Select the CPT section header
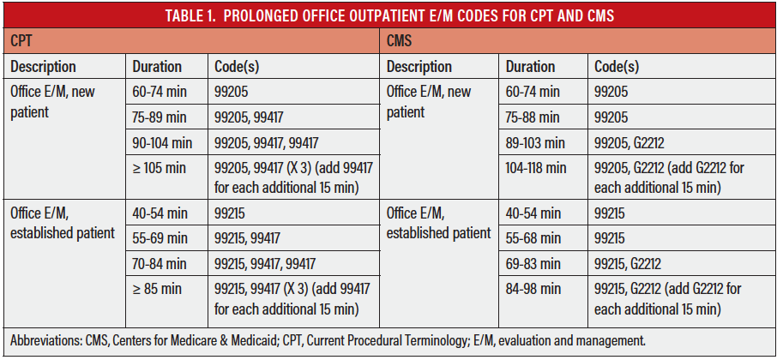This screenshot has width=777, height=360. [x=24, y=40]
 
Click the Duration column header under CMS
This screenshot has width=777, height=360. [x=531, y=66]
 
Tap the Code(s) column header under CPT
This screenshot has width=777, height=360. [x=239, y=66]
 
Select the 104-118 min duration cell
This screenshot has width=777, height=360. [x=535, y=169]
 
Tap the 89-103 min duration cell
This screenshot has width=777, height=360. [x=535, y=143]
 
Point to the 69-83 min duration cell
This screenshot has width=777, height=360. [x=533, y=263]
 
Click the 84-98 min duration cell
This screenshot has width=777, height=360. [x=533, y=289]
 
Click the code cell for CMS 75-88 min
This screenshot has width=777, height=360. [x=612, y=117]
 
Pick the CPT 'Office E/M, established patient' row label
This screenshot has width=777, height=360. [x=62, y=223]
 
